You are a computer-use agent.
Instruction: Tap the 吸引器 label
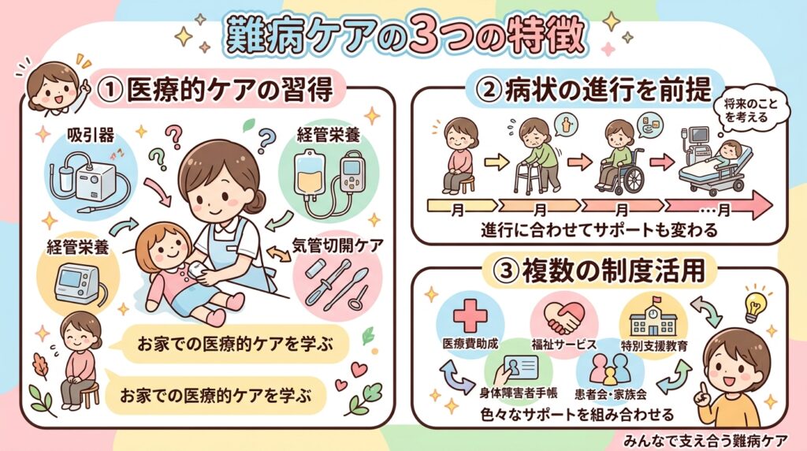pos(91,136)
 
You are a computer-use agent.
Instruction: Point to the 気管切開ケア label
pos(337,245)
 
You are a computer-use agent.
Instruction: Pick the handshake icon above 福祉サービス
pos(564,318)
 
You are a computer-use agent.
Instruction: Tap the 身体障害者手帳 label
pos(518,393)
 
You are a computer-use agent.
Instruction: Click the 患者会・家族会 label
pos(611,394)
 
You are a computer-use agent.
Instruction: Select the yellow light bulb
pos(753,307)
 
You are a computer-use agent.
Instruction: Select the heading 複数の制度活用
pos(613,270)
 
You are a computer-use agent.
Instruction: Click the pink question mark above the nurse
pos(174,137)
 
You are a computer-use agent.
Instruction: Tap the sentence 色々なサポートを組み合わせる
pos(576,414)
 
